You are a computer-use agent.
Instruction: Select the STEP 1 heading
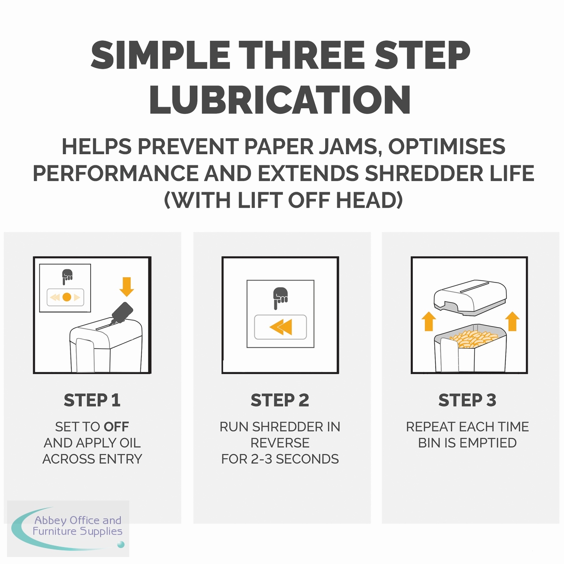pyautogui.click(x=92, y=400)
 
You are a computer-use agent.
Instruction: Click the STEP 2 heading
pyautogui.click(x=280, y=400)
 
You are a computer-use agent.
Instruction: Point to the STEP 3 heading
pyautogui.click(x=467, y=400)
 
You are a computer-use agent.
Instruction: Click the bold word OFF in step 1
pyautogui.click(x=116, y=427)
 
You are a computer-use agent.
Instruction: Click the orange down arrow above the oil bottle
pyautogui.click(x=127, y=287)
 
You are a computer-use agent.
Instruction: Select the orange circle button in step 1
pyautogui.click(x=67, y=297)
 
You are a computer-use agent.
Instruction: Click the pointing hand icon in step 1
pyautogui.click(x=67, y=276)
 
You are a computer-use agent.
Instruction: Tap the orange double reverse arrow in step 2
pyautogui.click(x=281, y=327)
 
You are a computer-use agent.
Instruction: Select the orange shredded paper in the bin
pyautogui.click(x=474, y=338)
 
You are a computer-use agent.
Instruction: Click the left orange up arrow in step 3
pyautogui.click(x=429, y=321)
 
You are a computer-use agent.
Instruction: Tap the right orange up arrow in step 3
pyautogui.click(x=512, y=321)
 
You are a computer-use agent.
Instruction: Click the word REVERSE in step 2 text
pyautogui.click(x=280, y=443)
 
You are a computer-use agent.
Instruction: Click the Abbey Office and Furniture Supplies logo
pyautogui.click(x=68, y=528)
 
